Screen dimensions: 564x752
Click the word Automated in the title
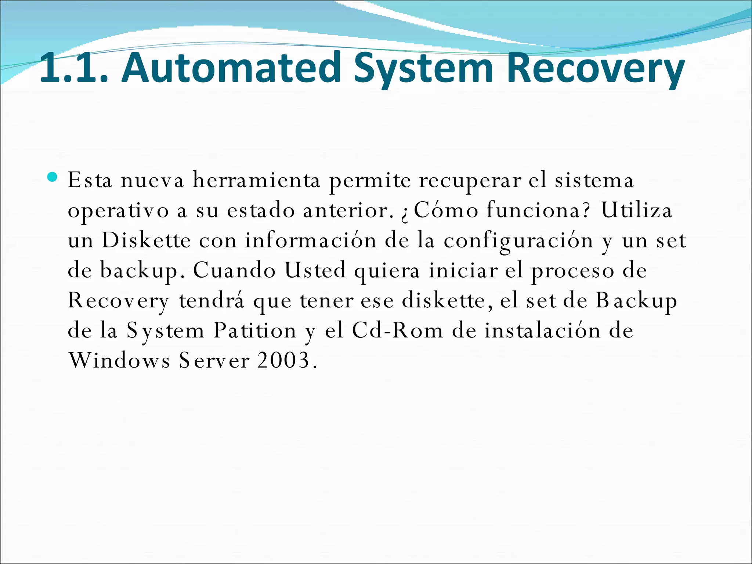[231, 68]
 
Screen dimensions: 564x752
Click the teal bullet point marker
[53, 177]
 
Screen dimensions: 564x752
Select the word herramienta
[256, 181]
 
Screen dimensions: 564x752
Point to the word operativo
[118, 211]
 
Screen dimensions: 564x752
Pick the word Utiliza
[636, 210]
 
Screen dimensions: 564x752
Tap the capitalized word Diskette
[146, 241]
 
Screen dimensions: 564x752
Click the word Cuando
[234, 271]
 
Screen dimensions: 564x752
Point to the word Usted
[315, 271]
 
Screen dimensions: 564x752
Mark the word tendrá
[211, 300]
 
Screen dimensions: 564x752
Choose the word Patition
[255, 330]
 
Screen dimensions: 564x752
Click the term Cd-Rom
[397, 330]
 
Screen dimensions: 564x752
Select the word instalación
[542, 330]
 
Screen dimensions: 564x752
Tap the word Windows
[119, 361]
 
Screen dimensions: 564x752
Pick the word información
[311, 241]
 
